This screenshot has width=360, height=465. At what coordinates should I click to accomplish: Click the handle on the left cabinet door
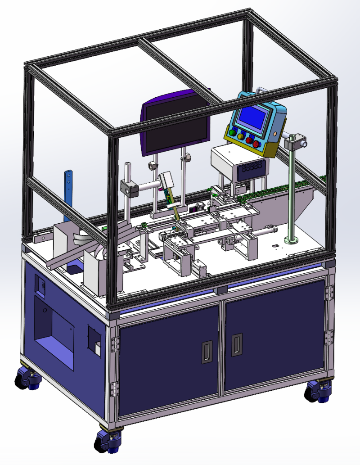point(207,352)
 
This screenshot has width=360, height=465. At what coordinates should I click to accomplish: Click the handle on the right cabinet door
point(236,344)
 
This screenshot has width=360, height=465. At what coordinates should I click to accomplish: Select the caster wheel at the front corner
point(108,440)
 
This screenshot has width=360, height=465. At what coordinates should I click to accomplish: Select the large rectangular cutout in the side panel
point(54,333)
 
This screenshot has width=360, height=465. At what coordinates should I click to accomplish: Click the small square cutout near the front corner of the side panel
point(94,341)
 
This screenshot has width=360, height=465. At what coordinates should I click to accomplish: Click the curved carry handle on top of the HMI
point(260,91)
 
